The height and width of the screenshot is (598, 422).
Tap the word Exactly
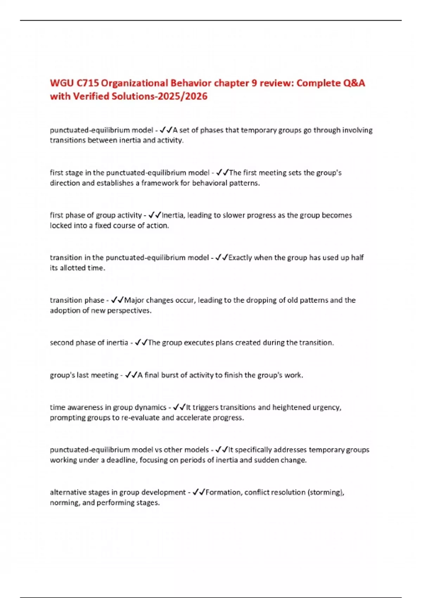(x=240, y=257)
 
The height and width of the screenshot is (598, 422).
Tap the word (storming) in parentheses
(x=326, y=492)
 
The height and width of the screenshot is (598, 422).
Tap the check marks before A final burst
(x=131, y=375)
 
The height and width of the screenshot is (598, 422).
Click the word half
(x=357, y=257)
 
